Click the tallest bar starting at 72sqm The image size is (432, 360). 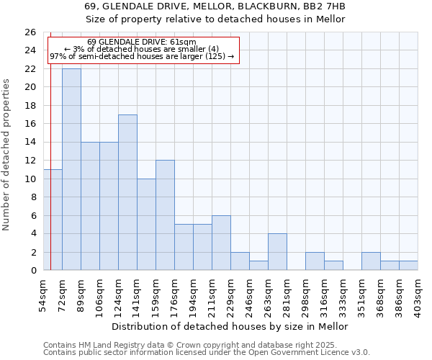tap(71, 169)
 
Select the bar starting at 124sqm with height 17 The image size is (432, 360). tap(127, 192)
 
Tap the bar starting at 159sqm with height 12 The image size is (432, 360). tap(165, 215)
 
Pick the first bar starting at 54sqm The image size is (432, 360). tap(53, 220)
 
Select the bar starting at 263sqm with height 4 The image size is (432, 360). tap(277, 252)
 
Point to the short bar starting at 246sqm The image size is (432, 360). tap(258, 266)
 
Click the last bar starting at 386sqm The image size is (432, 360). tap(408, 266)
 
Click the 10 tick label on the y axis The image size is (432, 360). tap(30, 179)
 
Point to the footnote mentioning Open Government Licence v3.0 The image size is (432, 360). tap(207, 353)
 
